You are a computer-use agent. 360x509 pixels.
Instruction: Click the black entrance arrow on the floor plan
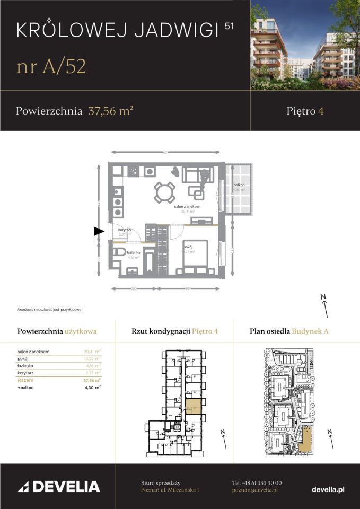pos(99,231)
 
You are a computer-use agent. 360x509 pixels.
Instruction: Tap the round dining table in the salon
pos(164,192)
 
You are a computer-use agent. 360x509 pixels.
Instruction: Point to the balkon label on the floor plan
pos(238,185)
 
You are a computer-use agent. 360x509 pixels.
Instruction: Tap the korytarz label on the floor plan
pos(125,230)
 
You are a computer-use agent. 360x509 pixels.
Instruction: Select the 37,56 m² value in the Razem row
pos(92,380)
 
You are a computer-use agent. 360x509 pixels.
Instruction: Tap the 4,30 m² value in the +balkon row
pos(93,388)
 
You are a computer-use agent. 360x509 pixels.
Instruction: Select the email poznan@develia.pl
pos(254,490)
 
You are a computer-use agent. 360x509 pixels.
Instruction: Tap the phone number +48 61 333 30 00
pos(257,483)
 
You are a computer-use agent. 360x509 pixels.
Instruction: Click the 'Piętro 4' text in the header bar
pos(305,111)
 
